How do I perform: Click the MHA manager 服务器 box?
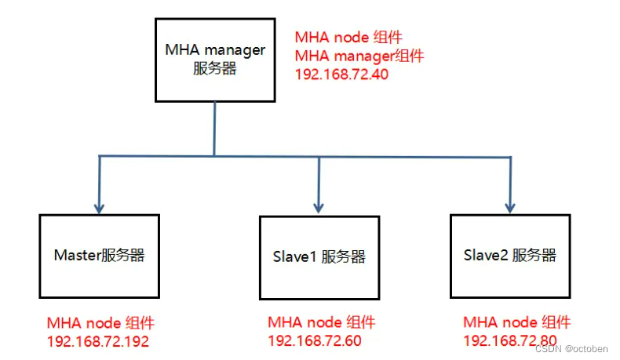(215, 59)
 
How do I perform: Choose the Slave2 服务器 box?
(509, 256)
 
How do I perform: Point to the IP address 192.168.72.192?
(97, 341)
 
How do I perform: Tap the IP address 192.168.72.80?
(510, 341)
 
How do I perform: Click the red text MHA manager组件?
(359, 56)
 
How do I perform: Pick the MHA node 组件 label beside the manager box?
(348, 38)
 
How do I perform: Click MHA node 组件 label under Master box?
(100, 323)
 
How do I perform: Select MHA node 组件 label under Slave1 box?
(321, 323)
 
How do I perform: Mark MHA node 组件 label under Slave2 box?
(516, 323)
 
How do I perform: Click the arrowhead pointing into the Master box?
(99, 208)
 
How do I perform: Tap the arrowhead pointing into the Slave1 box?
(318, 208)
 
